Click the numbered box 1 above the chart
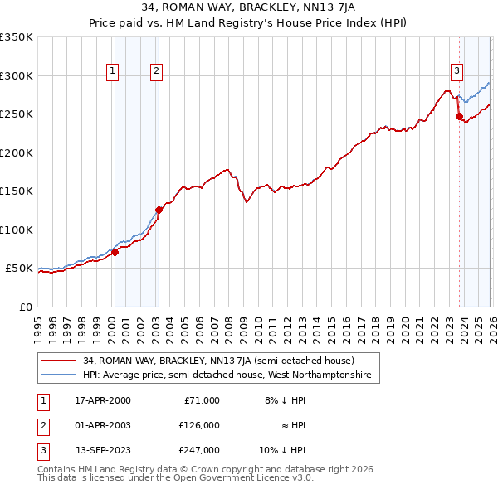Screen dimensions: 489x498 click(x=112, y=72)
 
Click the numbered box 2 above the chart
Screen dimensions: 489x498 click(x=156, y=72)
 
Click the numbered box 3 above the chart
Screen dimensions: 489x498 click(x=456, y=70)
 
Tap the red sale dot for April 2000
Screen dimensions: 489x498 click(x=115, y=252)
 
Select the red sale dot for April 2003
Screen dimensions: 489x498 click(x=159, y=210)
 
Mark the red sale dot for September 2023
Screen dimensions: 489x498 click(x=459, y=117)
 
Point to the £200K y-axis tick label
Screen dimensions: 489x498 click(x=17, y=153)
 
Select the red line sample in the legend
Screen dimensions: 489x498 click(x=59, y=361)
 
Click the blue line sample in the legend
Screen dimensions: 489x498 click(x=59, y=375)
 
